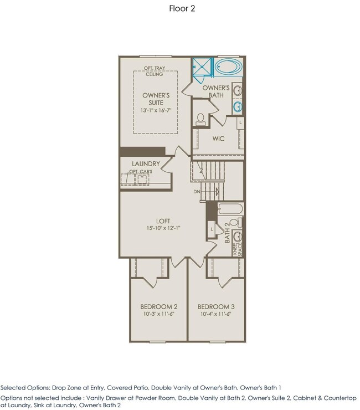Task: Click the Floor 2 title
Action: (x=182, y=8)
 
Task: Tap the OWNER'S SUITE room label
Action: (x=156, y=99)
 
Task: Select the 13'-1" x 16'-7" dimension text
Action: (x=156, y=110)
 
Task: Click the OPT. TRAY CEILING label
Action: (x=155, y=71)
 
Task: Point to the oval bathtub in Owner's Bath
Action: (x=229, y=66)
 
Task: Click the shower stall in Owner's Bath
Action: (x=202, y=67)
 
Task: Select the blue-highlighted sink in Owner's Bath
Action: (x=238, y=107)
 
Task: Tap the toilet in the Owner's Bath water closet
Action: (x=200, y=119)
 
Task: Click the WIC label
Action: (x=218, y=139)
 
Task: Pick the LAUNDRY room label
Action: (x=146, y=163)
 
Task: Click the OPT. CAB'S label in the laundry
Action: (x=141, y=172)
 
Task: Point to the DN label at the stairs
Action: (x=197, y=192)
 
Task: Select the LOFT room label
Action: (x=163, y=221)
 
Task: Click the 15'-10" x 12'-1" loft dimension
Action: (x=163, y=228)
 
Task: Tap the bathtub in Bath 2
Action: (x=230, y=209)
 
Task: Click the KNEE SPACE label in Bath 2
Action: (x=237, y=249)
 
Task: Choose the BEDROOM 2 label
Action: (x=159, y=307)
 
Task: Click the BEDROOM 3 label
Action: (x=216, y=307)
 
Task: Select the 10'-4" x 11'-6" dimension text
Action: (x=216, y=314)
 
